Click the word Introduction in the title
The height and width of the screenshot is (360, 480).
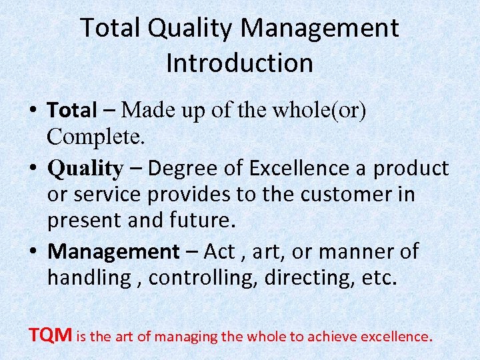coord(239,63)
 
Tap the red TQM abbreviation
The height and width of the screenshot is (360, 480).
coord(51,335)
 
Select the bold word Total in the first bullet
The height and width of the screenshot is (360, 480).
coord(72,110)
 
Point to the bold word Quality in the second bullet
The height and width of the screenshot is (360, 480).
coord(85,169)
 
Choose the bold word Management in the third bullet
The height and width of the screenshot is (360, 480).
coord(113,251)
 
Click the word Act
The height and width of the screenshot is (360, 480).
coord(219,251)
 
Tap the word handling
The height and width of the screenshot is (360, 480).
coord(89,278)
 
